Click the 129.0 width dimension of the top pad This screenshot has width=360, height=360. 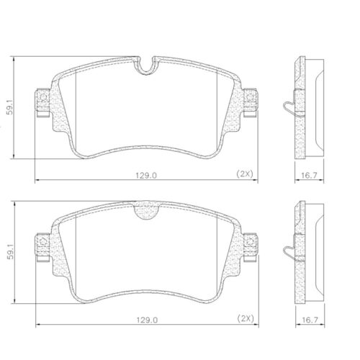146,176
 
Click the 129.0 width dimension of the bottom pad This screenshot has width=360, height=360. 147,320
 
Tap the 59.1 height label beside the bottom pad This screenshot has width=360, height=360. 10,251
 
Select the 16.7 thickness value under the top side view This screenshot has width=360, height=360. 309,176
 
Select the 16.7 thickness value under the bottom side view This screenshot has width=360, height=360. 310,320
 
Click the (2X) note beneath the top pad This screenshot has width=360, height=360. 245,174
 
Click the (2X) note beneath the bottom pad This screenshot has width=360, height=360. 246,319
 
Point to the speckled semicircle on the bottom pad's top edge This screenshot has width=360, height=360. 146,211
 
